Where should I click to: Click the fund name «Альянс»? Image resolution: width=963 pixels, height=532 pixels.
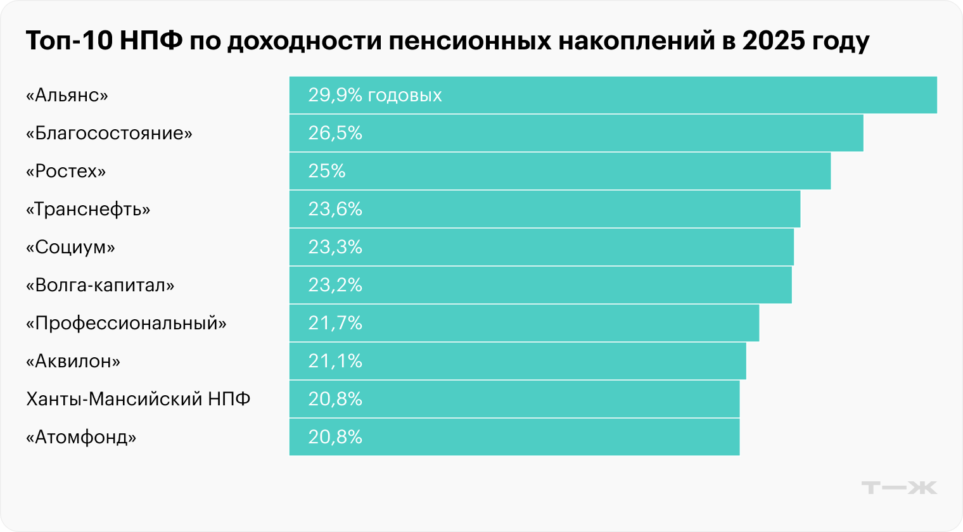click(67, 96)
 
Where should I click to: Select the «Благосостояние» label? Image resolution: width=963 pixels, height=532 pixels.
click(109, 134)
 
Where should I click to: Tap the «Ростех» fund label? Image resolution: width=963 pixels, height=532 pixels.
click(66, 172)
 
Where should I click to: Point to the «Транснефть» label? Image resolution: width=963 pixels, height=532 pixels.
click(88, 210)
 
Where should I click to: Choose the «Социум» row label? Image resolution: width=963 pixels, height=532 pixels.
click(70, 248)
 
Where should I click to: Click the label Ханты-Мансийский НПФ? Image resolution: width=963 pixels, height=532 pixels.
click(138, 400)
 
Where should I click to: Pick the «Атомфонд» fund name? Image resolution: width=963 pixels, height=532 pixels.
click(81, 438)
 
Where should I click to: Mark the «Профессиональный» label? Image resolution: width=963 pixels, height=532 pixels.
click(126, 324)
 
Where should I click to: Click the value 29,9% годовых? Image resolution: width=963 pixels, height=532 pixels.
click(375, 96)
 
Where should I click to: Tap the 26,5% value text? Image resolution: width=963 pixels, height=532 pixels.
click(335, 134)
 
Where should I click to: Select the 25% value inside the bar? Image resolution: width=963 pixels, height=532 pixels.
click(327, 172)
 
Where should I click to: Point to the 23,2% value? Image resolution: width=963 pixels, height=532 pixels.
click(335, 286)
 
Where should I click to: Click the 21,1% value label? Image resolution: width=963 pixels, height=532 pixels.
click(335, 362)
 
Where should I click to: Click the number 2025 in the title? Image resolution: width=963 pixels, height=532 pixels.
click(773, 41)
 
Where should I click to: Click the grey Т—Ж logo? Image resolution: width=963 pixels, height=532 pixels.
click(899, 488)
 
